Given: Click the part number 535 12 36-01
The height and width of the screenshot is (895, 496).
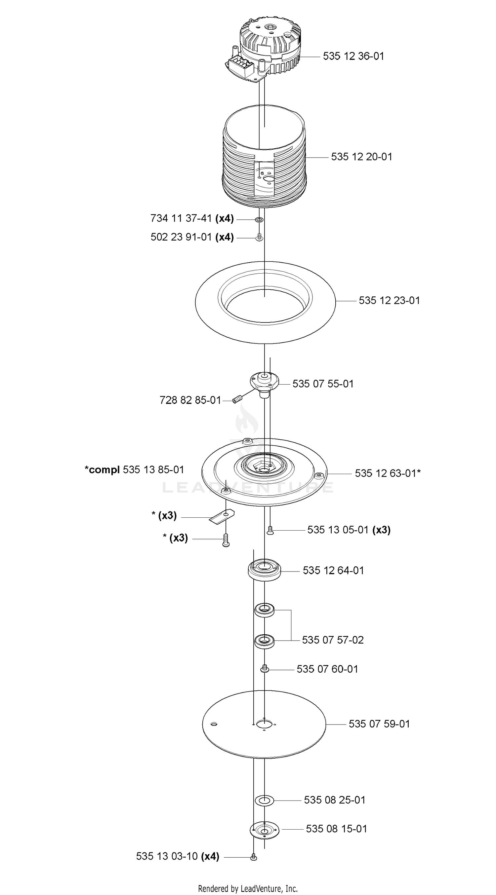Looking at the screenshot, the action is point(353,56).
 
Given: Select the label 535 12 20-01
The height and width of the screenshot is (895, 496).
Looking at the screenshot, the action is point(361,157).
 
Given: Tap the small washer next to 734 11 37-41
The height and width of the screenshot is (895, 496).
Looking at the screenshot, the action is point(259,220).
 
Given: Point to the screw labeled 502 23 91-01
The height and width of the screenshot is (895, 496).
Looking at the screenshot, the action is point(259,237).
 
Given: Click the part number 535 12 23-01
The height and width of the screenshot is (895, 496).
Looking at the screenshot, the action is point(389,300).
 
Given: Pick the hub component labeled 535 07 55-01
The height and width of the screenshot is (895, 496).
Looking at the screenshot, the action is point(264,384).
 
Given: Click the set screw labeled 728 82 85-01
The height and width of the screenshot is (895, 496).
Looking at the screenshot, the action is point(237,400).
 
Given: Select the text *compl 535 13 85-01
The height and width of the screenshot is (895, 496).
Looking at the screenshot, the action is point(134,470).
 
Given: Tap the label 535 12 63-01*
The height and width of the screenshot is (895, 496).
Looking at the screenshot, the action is point(388,473).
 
